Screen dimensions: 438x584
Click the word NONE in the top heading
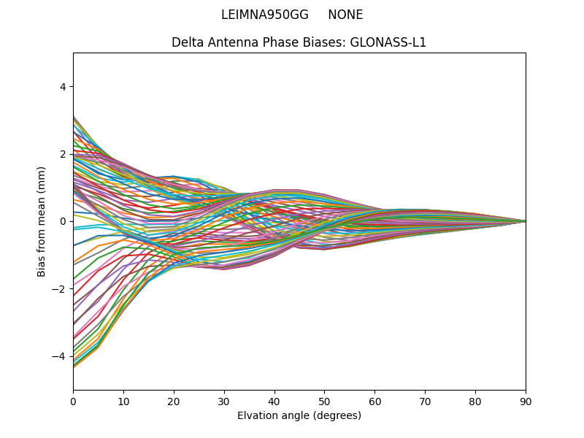click(345, 15)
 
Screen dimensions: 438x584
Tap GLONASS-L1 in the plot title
click(388, 42)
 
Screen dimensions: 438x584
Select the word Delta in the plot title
click(186, 42)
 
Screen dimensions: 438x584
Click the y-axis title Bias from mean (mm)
click(42, 221)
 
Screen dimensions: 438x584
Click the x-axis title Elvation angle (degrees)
click(299, 416)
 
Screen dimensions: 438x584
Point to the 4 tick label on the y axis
click(62, 86)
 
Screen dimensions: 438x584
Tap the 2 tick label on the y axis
click(62, 154)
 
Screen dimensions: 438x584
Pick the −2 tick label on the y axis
click(59, 288)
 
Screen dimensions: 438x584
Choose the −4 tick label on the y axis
click(59, 356)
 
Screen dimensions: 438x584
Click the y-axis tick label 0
click(62, 221)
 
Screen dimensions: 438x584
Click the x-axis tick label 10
click(123, 401)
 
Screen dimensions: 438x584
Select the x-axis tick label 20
click(174, 401)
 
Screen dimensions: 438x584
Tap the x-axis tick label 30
click(224, 401)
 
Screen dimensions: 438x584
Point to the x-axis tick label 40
click(274, 401)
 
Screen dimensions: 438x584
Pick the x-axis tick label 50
click(324, 401)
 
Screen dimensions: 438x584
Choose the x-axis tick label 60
click(374, 401)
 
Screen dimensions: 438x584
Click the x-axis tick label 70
click(425, 401)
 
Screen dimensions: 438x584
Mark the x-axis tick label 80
click(475, 401)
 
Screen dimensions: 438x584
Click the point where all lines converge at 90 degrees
click(525, 221)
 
